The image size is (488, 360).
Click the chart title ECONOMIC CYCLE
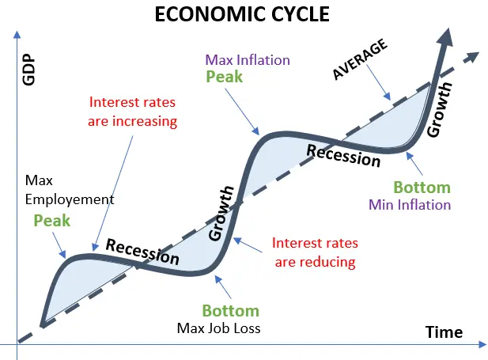(x=242, y=14)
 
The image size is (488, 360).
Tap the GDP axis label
(x=28, y=70)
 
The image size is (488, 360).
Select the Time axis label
(x=444, y=332)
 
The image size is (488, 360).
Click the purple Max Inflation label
(x=248, y=60)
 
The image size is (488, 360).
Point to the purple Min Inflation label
(x=410, y=205)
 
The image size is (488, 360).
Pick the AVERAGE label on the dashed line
(x=360, y=59)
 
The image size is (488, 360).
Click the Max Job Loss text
(x=218, y=328)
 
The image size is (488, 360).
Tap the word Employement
(x=70, y=199)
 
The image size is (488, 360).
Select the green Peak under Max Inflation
(x=224, y=77)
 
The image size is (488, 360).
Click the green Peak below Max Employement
(x=52, y=221)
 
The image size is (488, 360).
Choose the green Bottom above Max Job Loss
(x=231, y=310)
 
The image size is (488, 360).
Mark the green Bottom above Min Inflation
(x=422, y=188)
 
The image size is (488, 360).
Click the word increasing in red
(x=145, y=121)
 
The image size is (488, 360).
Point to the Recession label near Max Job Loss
(x=142, y=252)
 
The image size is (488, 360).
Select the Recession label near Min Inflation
(x=343, y=156)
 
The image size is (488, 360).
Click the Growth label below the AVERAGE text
(x=439, y=110)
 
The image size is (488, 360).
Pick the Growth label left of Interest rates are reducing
(x=221, y=214)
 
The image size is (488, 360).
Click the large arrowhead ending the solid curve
(x=446, y=37)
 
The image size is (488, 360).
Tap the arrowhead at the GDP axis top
(x=17, y=34)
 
